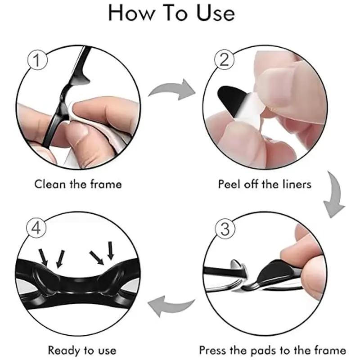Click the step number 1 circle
37,60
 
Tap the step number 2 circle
224,60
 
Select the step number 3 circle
225,229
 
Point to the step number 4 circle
36,228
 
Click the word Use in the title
216,13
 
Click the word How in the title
131,13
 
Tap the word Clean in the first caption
50,184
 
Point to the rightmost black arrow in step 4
111,251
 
